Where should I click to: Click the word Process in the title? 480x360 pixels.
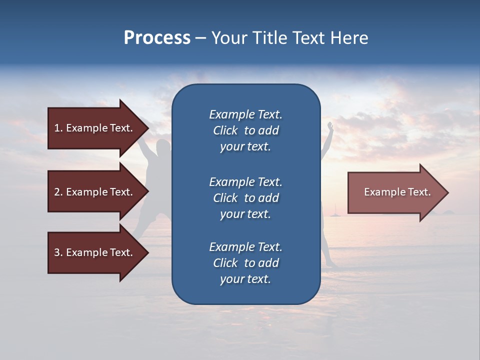(157, 38)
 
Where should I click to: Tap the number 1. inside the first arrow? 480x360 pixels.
(58, 128)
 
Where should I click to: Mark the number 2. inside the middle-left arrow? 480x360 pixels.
(58, 192)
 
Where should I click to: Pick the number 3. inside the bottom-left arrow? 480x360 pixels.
(58, 252)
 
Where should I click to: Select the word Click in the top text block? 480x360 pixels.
(225, 130)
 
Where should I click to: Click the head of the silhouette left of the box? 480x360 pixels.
(162, 148)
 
